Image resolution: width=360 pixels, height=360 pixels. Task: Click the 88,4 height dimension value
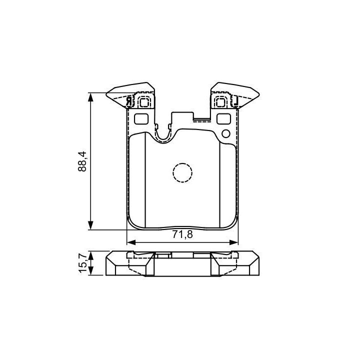[82, 161]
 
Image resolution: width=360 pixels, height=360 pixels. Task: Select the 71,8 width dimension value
[182, 234]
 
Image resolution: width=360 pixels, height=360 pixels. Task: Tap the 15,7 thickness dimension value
[83, 262]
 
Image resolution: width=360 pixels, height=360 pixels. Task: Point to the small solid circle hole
[226, 133]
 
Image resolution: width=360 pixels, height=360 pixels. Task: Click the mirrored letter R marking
[129, 101]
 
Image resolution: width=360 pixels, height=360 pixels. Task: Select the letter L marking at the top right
[235, 101]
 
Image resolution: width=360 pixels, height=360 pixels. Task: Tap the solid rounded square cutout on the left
[141, 119]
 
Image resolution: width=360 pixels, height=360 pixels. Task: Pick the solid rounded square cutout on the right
[223, 119]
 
